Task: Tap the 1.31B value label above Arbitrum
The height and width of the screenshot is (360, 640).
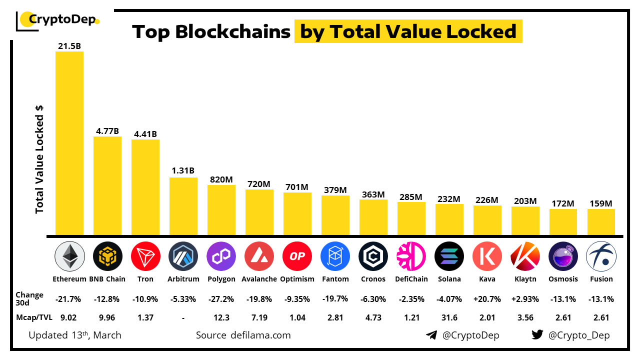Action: (x=183, y=170)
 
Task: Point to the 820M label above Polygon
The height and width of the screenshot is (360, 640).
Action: (x=221, y=178)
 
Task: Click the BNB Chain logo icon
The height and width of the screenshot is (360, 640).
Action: (x=107, y=256)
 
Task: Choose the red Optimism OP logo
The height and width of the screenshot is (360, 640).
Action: (x=297, y=256)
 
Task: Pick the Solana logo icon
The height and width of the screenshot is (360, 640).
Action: (x=449, y=256)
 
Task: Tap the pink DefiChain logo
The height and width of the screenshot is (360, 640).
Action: (x=411, y=256)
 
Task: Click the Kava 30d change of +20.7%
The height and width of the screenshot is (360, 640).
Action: (x=487, y=299)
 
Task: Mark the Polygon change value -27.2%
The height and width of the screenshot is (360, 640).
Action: (x=221, y=299)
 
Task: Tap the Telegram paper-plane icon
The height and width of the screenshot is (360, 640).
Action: (x=431, y=335)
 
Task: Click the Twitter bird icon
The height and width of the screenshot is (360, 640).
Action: (x=537, y=335)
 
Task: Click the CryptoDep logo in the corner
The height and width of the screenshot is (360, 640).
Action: (x=57, y=20)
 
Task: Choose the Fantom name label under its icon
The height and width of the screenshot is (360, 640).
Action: (x=335, y=279)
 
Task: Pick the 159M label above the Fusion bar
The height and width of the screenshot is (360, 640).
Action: (x=600, y=203)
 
